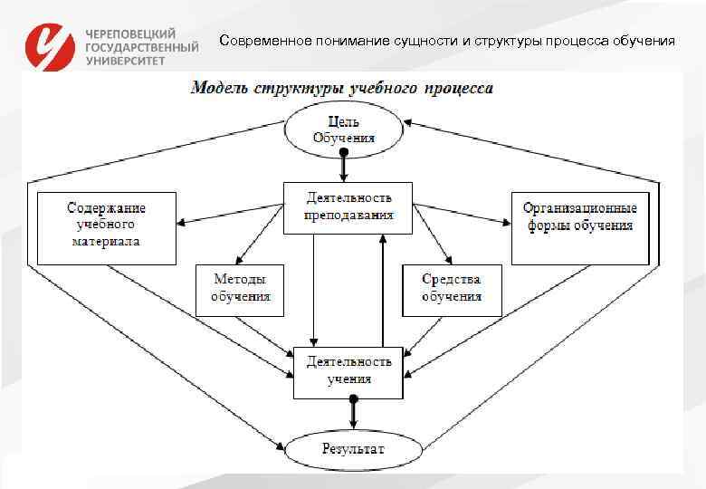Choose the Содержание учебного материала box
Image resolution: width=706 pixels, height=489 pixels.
pos(106,226)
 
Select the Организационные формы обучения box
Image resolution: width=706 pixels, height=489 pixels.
pos(580,226)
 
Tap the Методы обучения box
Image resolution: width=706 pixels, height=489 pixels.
pos(241,289)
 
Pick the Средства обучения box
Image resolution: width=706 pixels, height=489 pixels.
pos(451,289)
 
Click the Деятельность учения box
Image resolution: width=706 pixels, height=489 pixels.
pos(348,370)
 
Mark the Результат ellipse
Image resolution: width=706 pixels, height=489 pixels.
pos(353,448)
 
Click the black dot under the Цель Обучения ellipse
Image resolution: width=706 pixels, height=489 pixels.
pos(343,154)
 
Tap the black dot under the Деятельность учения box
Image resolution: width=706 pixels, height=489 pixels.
pos(354,398)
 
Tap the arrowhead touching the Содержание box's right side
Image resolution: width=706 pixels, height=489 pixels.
pos(181,223)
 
